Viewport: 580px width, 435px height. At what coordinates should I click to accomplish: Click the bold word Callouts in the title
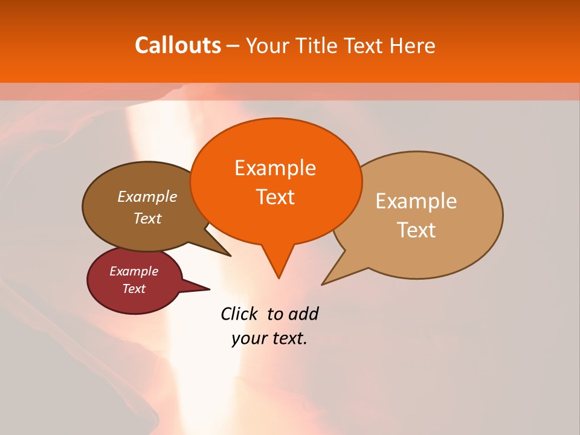[x=178, y=45]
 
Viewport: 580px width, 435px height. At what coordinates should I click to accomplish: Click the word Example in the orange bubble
[x=275, y=167]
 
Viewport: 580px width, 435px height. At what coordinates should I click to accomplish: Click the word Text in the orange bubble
[x=275, y=197]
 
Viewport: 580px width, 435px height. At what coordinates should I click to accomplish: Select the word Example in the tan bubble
[x=416, y=201]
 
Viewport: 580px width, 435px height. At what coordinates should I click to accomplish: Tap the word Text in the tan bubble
[x=416, y=230]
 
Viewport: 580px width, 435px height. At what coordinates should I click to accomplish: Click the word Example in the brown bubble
[x=147, y=196]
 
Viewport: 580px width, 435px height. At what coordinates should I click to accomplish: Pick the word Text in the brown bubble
[x=147, y=218]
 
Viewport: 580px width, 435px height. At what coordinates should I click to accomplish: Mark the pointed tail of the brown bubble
[x=230, y=255]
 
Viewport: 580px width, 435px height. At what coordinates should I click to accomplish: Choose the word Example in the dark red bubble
[x=134, y=271]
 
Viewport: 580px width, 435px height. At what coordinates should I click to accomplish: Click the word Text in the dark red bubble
[x=134, y=289]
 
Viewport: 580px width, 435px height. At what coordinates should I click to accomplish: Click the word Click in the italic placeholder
[x=240, y=314]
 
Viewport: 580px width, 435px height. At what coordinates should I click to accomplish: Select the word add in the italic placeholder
[x=303, y=314]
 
